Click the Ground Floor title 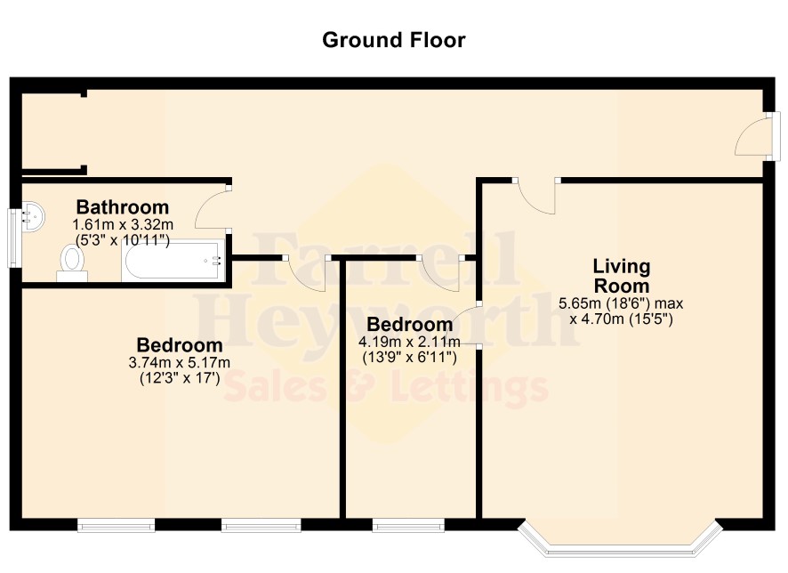pyautogui.click(x=393, y=40)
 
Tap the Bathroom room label pyautogui.click(x=122, y=207)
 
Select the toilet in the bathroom pyautogui.click(x=72, y=262)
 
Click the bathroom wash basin pyautogui.click(x=33, y=216)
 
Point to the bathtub pyautogui.click(x=173, y=260)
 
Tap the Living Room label pyautogui.click(x=622, y=276)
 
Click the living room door pyautogui.click(x=536, y=197)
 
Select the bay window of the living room pyautogui.click(x=620, y=540)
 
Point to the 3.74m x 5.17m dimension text pyautogui.click(x=180, y=362)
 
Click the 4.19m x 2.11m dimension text pyautogui.click(x=409, y=343)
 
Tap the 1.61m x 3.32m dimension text pyautogui.click(x=123, y=224)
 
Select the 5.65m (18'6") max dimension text pyautogui.click(x=621, y=303)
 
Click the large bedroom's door pyautogui.click(x=307, y=274)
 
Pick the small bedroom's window pyautogui.click(x=408, y=526)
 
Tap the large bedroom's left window pyautogui.click(x=117, y=526)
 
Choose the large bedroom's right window pyautogui.click(x=261, y=526)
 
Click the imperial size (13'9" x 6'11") pyautogui.click(x=410, y=358)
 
